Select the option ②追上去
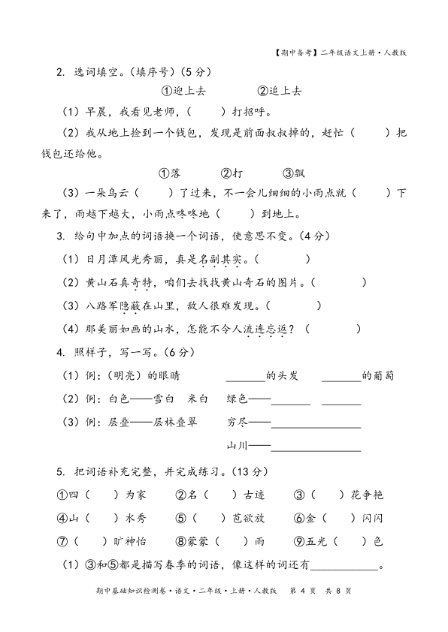[x=280, y=91]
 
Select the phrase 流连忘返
[x=271, y=329]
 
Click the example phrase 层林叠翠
[x=174, y=422]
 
